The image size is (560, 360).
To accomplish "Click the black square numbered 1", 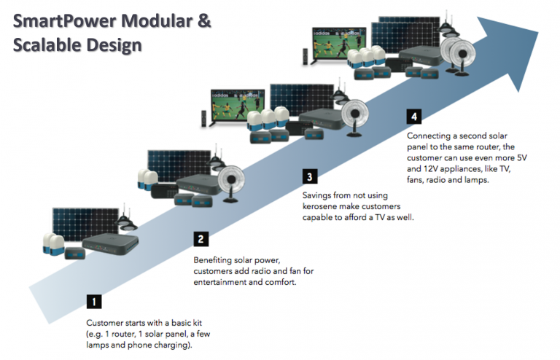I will click(x=93, y=300).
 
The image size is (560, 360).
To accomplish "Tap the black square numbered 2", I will click(x=201, y=238).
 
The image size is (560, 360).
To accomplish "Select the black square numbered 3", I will click(x=309, y=176).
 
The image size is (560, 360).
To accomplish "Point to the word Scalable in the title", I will click(x=50, y=45).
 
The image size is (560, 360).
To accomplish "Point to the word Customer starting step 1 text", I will click(x=106, y=321).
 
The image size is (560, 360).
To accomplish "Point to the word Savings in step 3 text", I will click(x=318, y=196).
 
